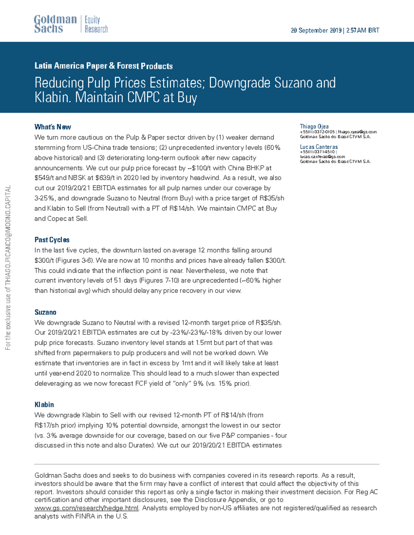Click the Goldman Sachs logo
55,24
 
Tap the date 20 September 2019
316,30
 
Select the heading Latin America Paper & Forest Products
103,66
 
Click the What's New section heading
53,127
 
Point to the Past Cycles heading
52,240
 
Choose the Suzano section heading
45,312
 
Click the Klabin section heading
44,404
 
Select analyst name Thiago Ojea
314,126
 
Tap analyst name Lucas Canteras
318,147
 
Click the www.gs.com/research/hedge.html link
87,508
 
